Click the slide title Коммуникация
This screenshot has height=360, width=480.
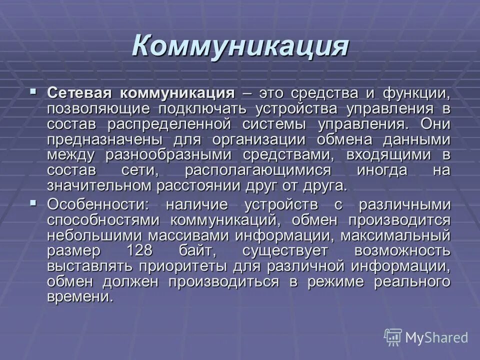click(240, 46)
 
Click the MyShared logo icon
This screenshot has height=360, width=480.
click(393, 337)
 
